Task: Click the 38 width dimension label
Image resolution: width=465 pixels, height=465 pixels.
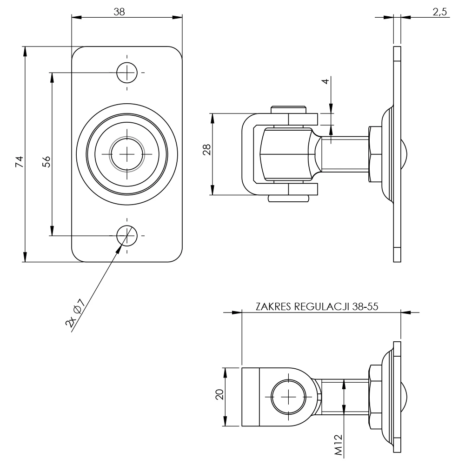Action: coord(120,12)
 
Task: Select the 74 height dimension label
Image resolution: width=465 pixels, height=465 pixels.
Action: coord(19,162)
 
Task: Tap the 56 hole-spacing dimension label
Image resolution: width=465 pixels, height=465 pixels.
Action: coord(46,161)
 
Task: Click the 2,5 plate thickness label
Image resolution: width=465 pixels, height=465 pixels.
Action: coord(439,12)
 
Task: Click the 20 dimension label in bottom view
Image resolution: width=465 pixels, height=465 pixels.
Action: coord(220,394)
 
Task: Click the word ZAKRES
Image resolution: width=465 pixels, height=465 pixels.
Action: coord(272,307)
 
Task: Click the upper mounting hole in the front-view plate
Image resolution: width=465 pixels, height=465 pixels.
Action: coord(126,73)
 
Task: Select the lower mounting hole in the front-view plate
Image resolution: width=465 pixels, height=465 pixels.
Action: coord(126,235)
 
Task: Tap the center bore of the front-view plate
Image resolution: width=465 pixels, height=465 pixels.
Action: coord(126,154)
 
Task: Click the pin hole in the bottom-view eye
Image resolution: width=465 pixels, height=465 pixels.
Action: coord(289,397)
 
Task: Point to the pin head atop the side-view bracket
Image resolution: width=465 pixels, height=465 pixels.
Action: coord(288,110)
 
